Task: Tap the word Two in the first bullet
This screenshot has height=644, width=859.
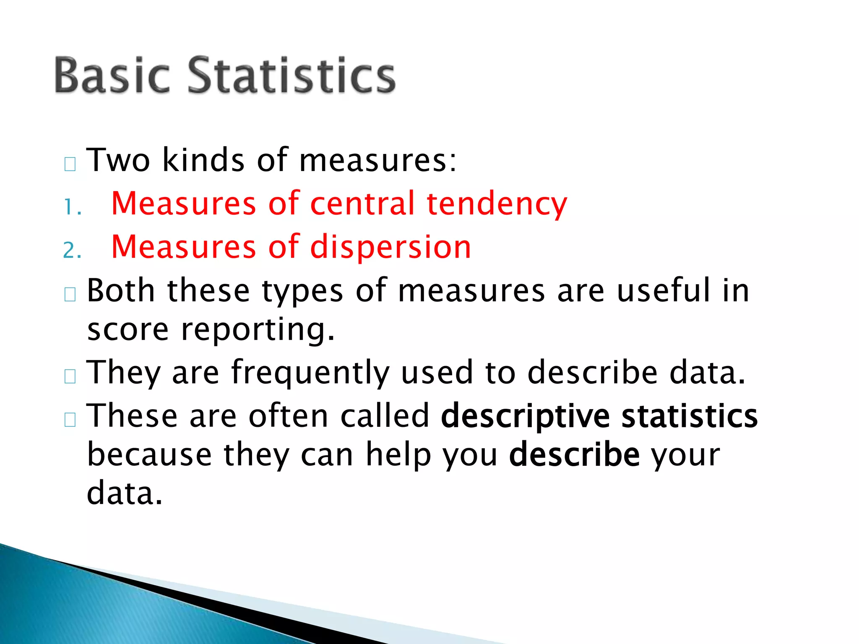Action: pos(118,160)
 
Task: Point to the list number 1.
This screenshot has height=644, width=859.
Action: pos(71,207)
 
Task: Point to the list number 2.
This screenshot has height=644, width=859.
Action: pos(71,250)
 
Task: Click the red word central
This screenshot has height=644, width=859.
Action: pos(362,204)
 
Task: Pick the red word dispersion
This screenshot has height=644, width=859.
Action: pos(390,247)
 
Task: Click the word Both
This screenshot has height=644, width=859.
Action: pos(121,290)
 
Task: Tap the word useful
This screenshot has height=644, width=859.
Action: pos(664,290)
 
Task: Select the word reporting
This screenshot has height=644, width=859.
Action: pos(258,330)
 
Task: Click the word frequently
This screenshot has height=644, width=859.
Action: pos(310,373)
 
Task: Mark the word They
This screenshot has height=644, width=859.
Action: pos(123,373)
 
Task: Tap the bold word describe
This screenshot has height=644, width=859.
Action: pos(574,454)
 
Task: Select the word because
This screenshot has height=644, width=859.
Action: pos(149,454)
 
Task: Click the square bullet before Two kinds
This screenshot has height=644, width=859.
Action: pos(70,164)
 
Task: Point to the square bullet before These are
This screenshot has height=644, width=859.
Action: pos(70,420)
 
